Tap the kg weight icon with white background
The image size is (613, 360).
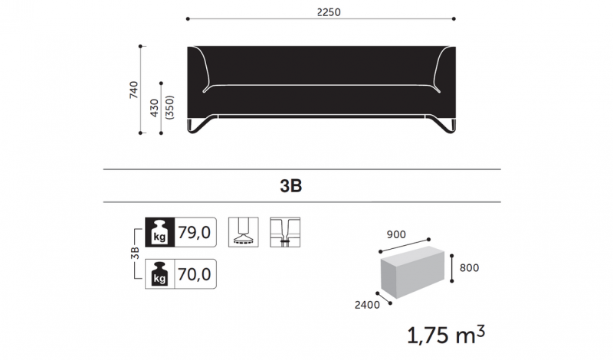160,273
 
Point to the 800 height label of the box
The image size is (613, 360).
469,268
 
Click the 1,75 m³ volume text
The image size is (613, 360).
445,335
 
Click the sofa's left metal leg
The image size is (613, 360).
201,126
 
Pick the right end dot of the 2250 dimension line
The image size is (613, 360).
454,19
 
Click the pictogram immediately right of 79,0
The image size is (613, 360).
243,233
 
